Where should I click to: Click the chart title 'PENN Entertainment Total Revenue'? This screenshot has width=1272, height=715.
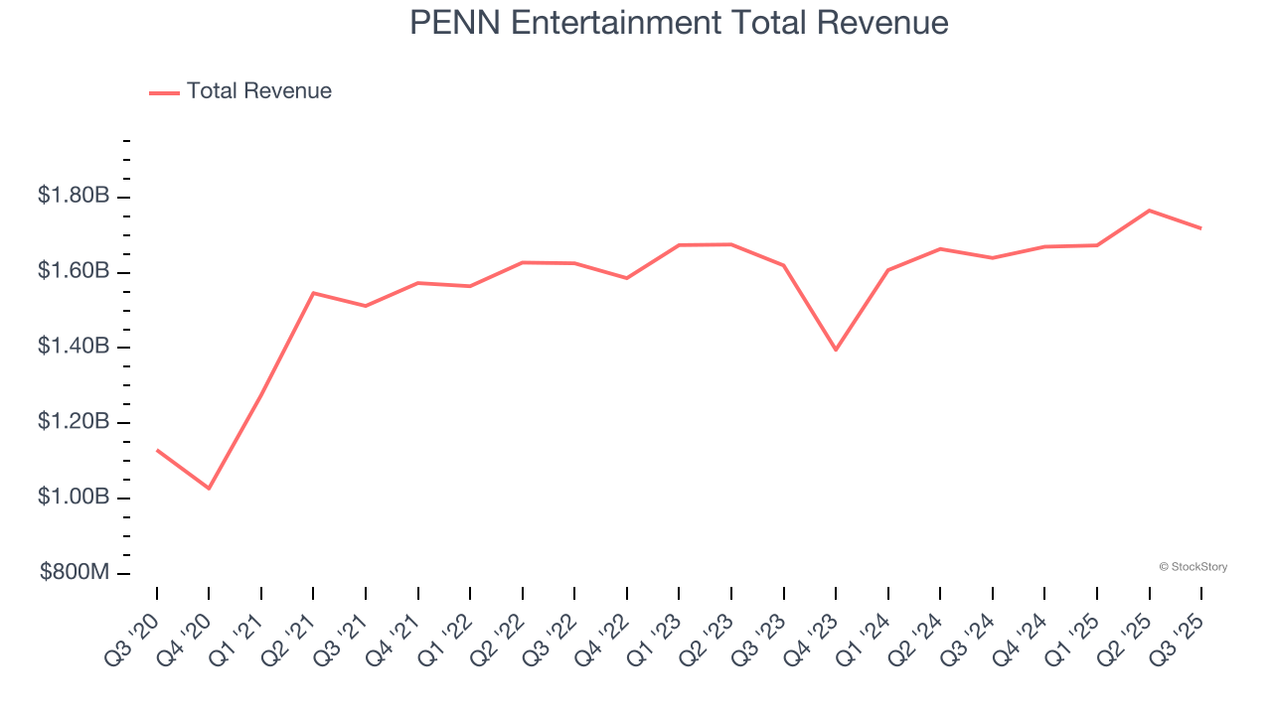[x=679, y=23]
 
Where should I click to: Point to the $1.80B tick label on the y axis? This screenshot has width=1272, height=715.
[x=74, y=196]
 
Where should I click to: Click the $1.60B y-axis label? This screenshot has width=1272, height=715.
[x=74, y=271]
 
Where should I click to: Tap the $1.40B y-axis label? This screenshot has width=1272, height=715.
[x=74, y=347]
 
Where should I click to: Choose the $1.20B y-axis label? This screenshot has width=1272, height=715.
[x=74, y=422]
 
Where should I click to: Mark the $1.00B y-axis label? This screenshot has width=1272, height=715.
[x=74, y=497]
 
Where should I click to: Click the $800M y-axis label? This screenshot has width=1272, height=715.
[x=75, y=573]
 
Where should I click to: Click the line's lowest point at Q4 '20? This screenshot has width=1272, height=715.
[x=209, y=489]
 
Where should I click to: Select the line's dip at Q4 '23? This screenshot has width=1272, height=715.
[x=836, y=350]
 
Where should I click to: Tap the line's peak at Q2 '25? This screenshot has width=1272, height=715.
[x=1150, y=211]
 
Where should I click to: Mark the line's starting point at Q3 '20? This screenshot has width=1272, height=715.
[x=157, y=450]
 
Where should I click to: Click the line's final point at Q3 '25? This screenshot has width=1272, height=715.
[x=1201, y=228]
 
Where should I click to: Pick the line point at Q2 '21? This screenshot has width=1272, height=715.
[x=313, y=293]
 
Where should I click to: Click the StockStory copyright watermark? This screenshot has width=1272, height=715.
[x=1192, y=567]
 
